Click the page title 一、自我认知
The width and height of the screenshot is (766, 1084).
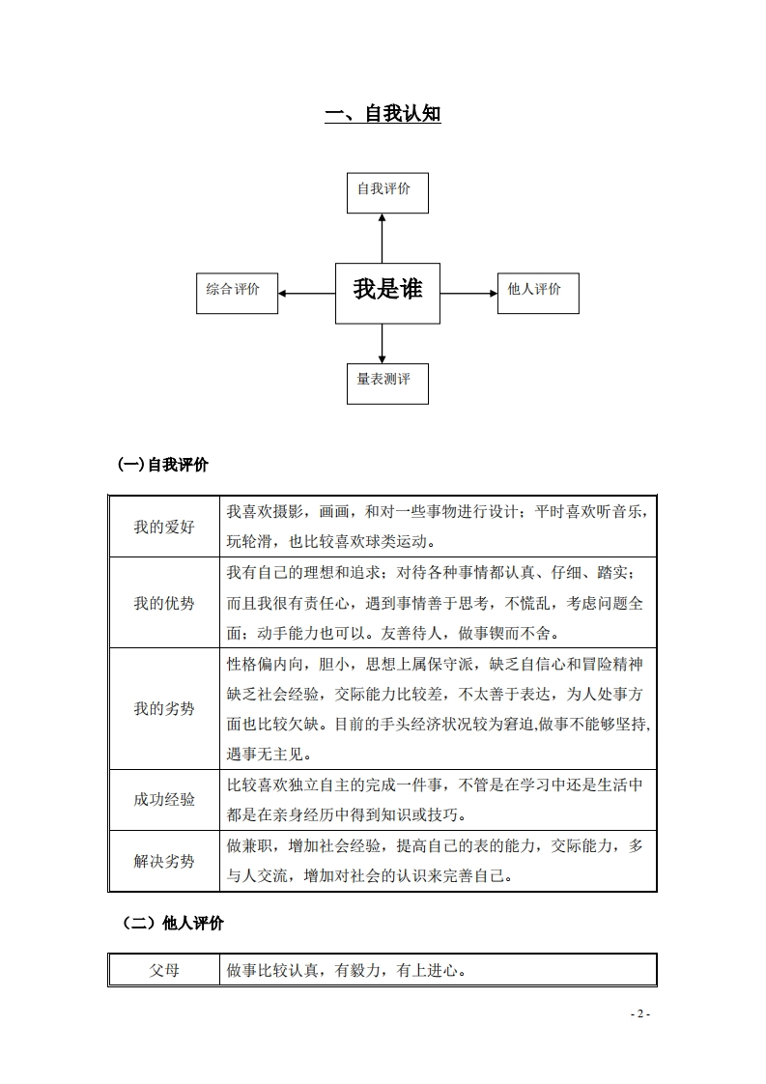tap(383, 114)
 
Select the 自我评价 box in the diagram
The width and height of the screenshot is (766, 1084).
tap(386, 192)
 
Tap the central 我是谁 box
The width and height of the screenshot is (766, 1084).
tap(386, 292)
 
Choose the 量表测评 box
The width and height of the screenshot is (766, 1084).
tap(386, 383)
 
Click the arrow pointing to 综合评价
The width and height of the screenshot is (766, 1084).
tap(305, 293)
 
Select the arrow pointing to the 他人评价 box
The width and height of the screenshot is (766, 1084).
tap(468, 293)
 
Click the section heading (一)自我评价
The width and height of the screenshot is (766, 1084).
tap(162, 465)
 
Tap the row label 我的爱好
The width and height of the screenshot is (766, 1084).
tap(163, 528)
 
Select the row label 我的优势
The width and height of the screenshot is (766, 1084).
tap(163, 603)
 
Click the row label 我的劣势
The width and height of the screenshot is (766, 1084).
tap(163, 708)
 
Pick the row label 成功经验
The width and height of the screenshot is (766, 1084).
tap(163, 799)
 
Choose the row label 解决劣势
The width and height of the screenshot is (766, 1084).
tap(163, 860)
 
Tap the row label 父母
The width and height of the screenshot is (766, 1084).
tap(163, 970)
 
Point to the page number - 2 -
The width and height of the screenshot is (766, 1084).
tap(640, 1013)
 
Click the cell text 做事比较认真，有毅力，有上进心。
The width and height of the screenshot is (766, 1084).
tap(347, 970)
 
